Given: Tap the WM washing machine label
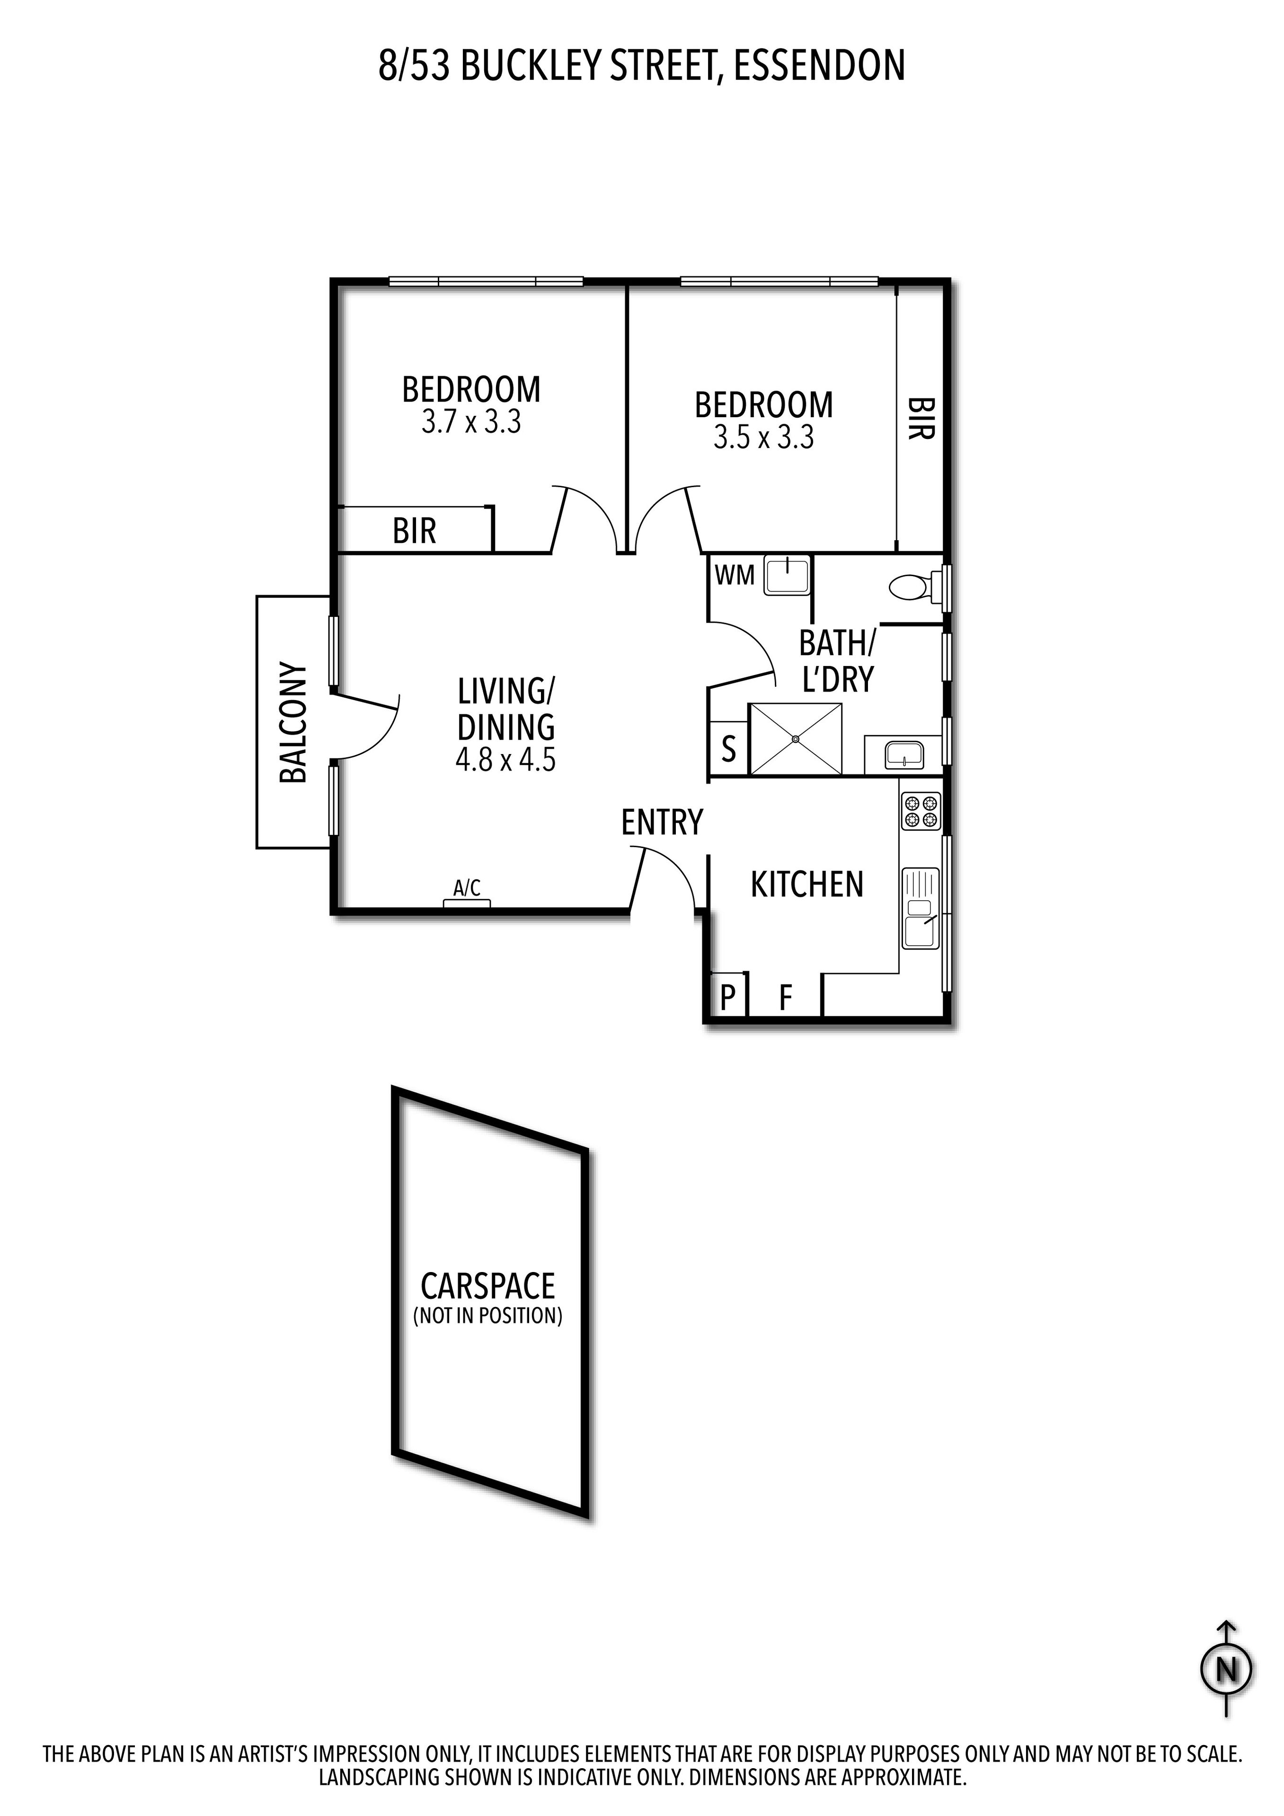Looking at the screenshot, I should click(734, 575).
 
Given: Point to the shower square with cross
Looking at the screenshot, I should click(795, 739).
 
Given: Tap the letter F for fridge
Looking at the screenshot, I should click(785, 998).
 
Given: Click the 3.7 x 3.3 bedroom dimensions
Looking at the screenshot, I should click(471, 423).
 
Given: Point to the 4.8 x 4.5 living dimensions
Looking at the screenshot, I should click(505, 761).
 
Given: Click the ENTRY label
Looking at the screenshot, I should click(661, 823).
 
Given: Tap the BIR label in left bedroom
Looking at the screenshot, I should click(414, 531).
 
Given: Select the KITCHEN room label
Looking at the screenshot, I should click(806, 884).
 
